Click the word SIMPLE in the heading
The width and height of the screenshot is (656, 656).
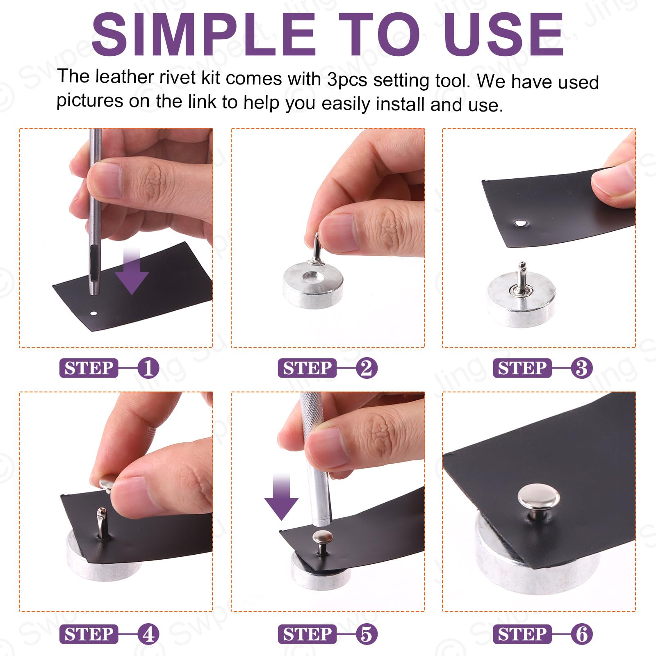pos(204,34)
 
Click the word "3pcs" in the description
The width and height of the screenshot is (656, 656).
pos(347,80)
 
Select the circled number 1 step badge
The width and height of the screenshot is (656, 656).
pos(148,368)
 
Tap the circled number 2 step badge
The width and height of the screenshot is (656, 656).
pos(366,368)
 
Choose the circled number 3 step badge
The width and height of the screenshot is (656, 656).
pos(581,368)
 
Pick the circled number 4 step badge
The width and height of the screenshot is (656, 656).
pos(148,634)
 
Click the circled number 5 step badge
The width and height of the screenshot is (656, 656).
pos(366,634)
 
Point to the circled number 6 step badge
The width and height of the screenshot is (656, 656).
pos(581,634)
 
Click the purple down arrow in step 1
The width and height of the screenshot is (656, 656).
pos(132,271)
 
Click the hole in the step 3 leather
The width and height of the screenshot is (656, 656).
pos(521,223)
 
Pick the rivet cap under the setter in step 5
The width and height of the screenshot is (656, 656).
pos(322,537)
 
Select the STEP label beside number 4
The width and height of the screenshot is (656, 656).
pos(89,634)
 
